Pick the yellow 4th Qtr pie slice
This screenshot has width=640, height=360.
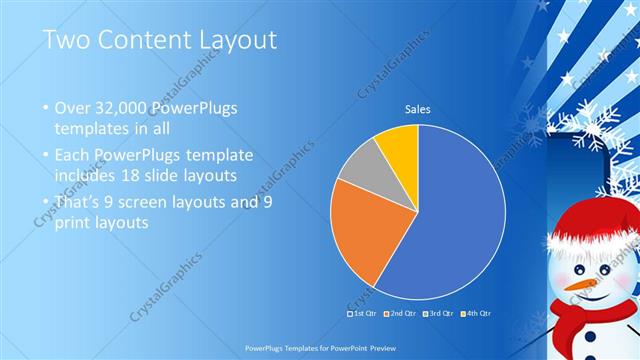[397, 140]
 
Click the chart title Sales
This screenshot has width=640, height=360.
[417, 109]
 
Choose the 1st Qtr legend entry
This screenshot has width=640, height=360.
[364, 314]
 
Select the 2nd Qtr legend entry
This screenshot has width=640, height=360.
[403, 314]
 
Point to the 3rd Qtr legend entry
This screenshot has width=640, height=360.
[440, 314]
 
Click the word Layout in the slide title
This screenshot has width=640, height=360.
[233, 40]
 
